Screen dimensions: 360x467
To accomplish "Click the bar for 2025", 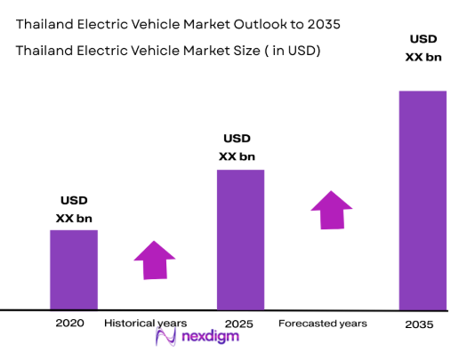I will coord(241,239).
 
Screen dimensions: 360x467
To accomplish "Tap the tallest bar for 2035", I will coord(422,200).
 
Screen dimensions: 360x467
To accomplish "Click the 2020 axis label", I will coord(68,323).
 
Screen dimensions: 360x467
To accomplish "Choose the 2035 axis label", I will coord(418,324).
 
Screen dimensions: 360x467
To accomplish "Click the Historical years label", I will coord(146,323).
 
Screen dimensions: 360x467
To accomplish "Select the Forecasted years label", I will coord(323,323).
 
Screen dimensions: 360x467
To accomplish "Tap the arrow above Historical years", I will coord(155,260).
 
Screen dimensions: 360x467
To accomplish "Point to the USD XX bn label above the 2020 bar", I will coord(74,209).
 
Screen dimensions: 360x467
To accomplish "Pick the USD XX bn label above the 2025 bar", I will coord(237,148).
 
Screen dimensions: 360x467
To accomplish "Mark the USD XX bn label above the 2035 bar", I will coord(423,48).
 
